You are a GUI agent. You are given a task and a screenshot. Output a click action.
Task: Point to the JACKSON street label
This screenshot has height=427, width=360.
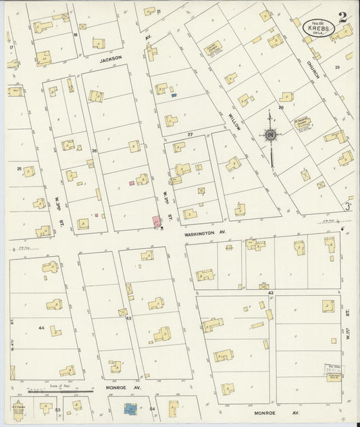pyautogui.click(x=111, y=59)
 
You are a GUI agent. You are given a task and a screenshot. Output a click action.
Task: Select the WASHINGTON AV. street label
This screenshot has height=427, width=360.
pyautogui.click(x=199, y=232)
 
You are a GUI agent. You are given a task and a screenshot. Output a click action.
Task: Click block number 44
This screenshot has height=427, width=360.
pyautogui.click(x=41, y=328)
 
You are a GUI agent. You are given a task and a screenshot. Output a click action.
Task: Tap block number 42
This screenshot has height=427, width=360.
pyautogui.click(x=269, y=292)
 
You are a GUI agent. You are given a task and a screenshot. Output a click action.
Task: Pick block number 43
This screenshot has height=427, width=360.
pyautogui.click(x=128, y=317)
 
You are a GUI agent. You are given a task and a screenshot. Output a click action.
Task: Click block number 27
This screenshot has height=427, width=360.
pyautogui.click(x=190, y=135)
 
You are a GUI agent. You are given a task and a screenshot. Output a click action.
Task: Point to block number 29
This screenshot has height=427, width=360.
pyautogui.click(x=336, y=68)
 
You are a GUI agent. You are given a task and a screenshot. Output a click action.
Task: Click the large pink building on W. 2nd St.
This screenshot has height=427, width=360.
pyautogui.click(x=157, y=222)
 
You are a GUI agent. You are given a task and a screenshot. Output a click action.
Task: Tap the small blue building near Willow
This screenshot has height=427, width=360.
pyautogui.click(x=174, y=95)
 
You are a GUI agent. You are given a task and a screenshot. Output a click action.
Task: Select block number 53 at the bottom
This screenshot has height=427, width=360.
pyautogui.click(x=58, y=409)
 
